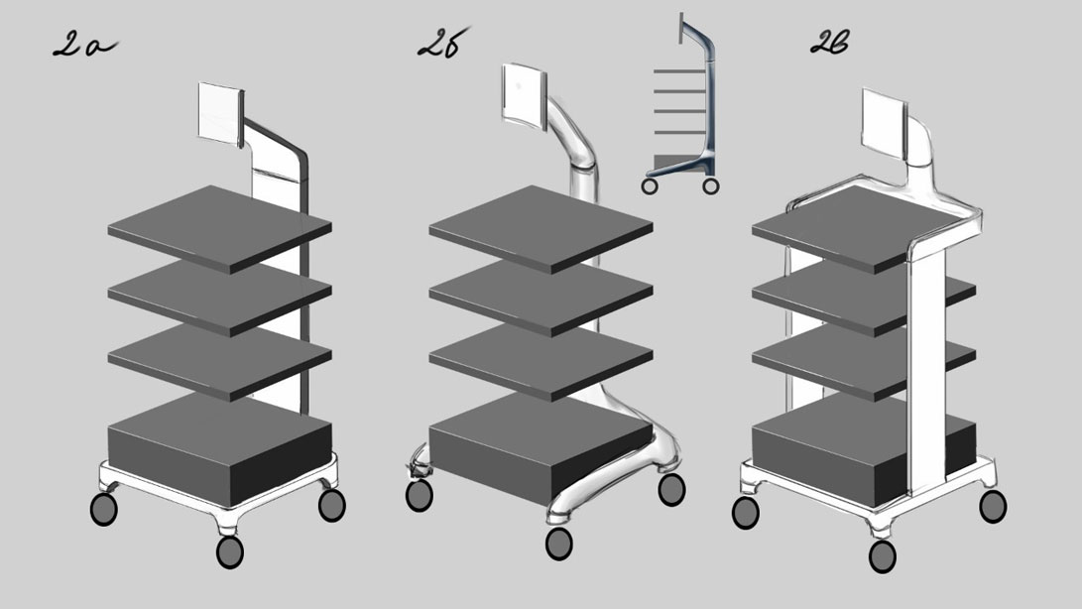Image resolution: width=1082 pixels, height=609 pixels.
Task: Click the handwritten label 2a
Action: click(x=84, y=45)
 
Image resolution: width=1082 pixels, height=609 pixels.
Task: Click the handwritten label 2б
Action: click(x=442, y=43)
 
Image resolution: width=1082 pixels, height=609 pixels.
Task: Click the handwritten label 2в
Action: click(x=829, y=43)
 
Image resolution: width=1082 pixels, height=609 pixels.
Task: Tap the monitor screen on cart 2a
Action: click(x=221, y=113)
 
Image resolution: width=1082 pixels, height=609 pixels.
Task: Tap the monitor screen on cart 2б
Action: click(x=524, y=96)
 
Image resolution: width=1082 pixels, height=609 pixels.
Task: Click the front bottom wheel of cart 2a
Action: click(x=230, y=551)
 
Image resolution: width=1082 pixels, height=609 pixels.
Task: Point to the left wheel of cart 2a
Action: click(x=103, y=509)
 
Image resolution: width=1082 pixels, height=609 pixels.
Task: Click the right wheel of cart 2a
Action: click(x=332, y=505)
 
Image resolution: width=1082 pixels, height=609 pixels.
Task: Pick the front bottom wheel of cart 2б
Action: click(x=559, y=544)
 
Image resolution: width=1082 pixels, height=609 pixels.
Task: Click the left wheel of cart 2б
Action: click(x=419, y=495)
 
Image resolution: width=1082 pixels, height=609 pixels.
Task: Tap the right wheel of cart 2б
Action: click(x=671, y=490)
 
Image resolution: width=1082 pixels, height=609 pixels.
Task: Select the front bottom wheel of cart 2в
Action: click(x=883, y=556)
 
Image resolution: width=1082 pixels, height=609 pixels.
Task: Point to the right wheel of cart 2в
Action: click(x=993, y=506)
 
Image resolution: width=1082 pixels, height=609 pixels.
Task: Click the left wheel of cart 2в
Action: click(x=745, y=513)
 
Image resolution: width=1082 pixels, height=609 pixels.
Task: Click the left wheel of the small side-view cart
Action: click(x=650, y=185)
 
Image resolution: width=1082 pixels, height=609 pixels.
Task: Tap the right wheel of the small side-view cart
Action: click(x=711, y=185)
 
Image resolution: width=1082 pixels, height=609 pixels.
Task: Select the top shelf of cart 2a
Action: click(x=219, y=228)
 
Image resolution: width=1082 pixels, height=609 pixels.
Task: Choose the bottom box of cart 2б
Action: click(x=541, y=447)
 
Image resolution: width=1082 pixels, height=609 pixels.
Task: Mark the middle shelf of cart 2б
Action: click(x=541, y=297)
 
